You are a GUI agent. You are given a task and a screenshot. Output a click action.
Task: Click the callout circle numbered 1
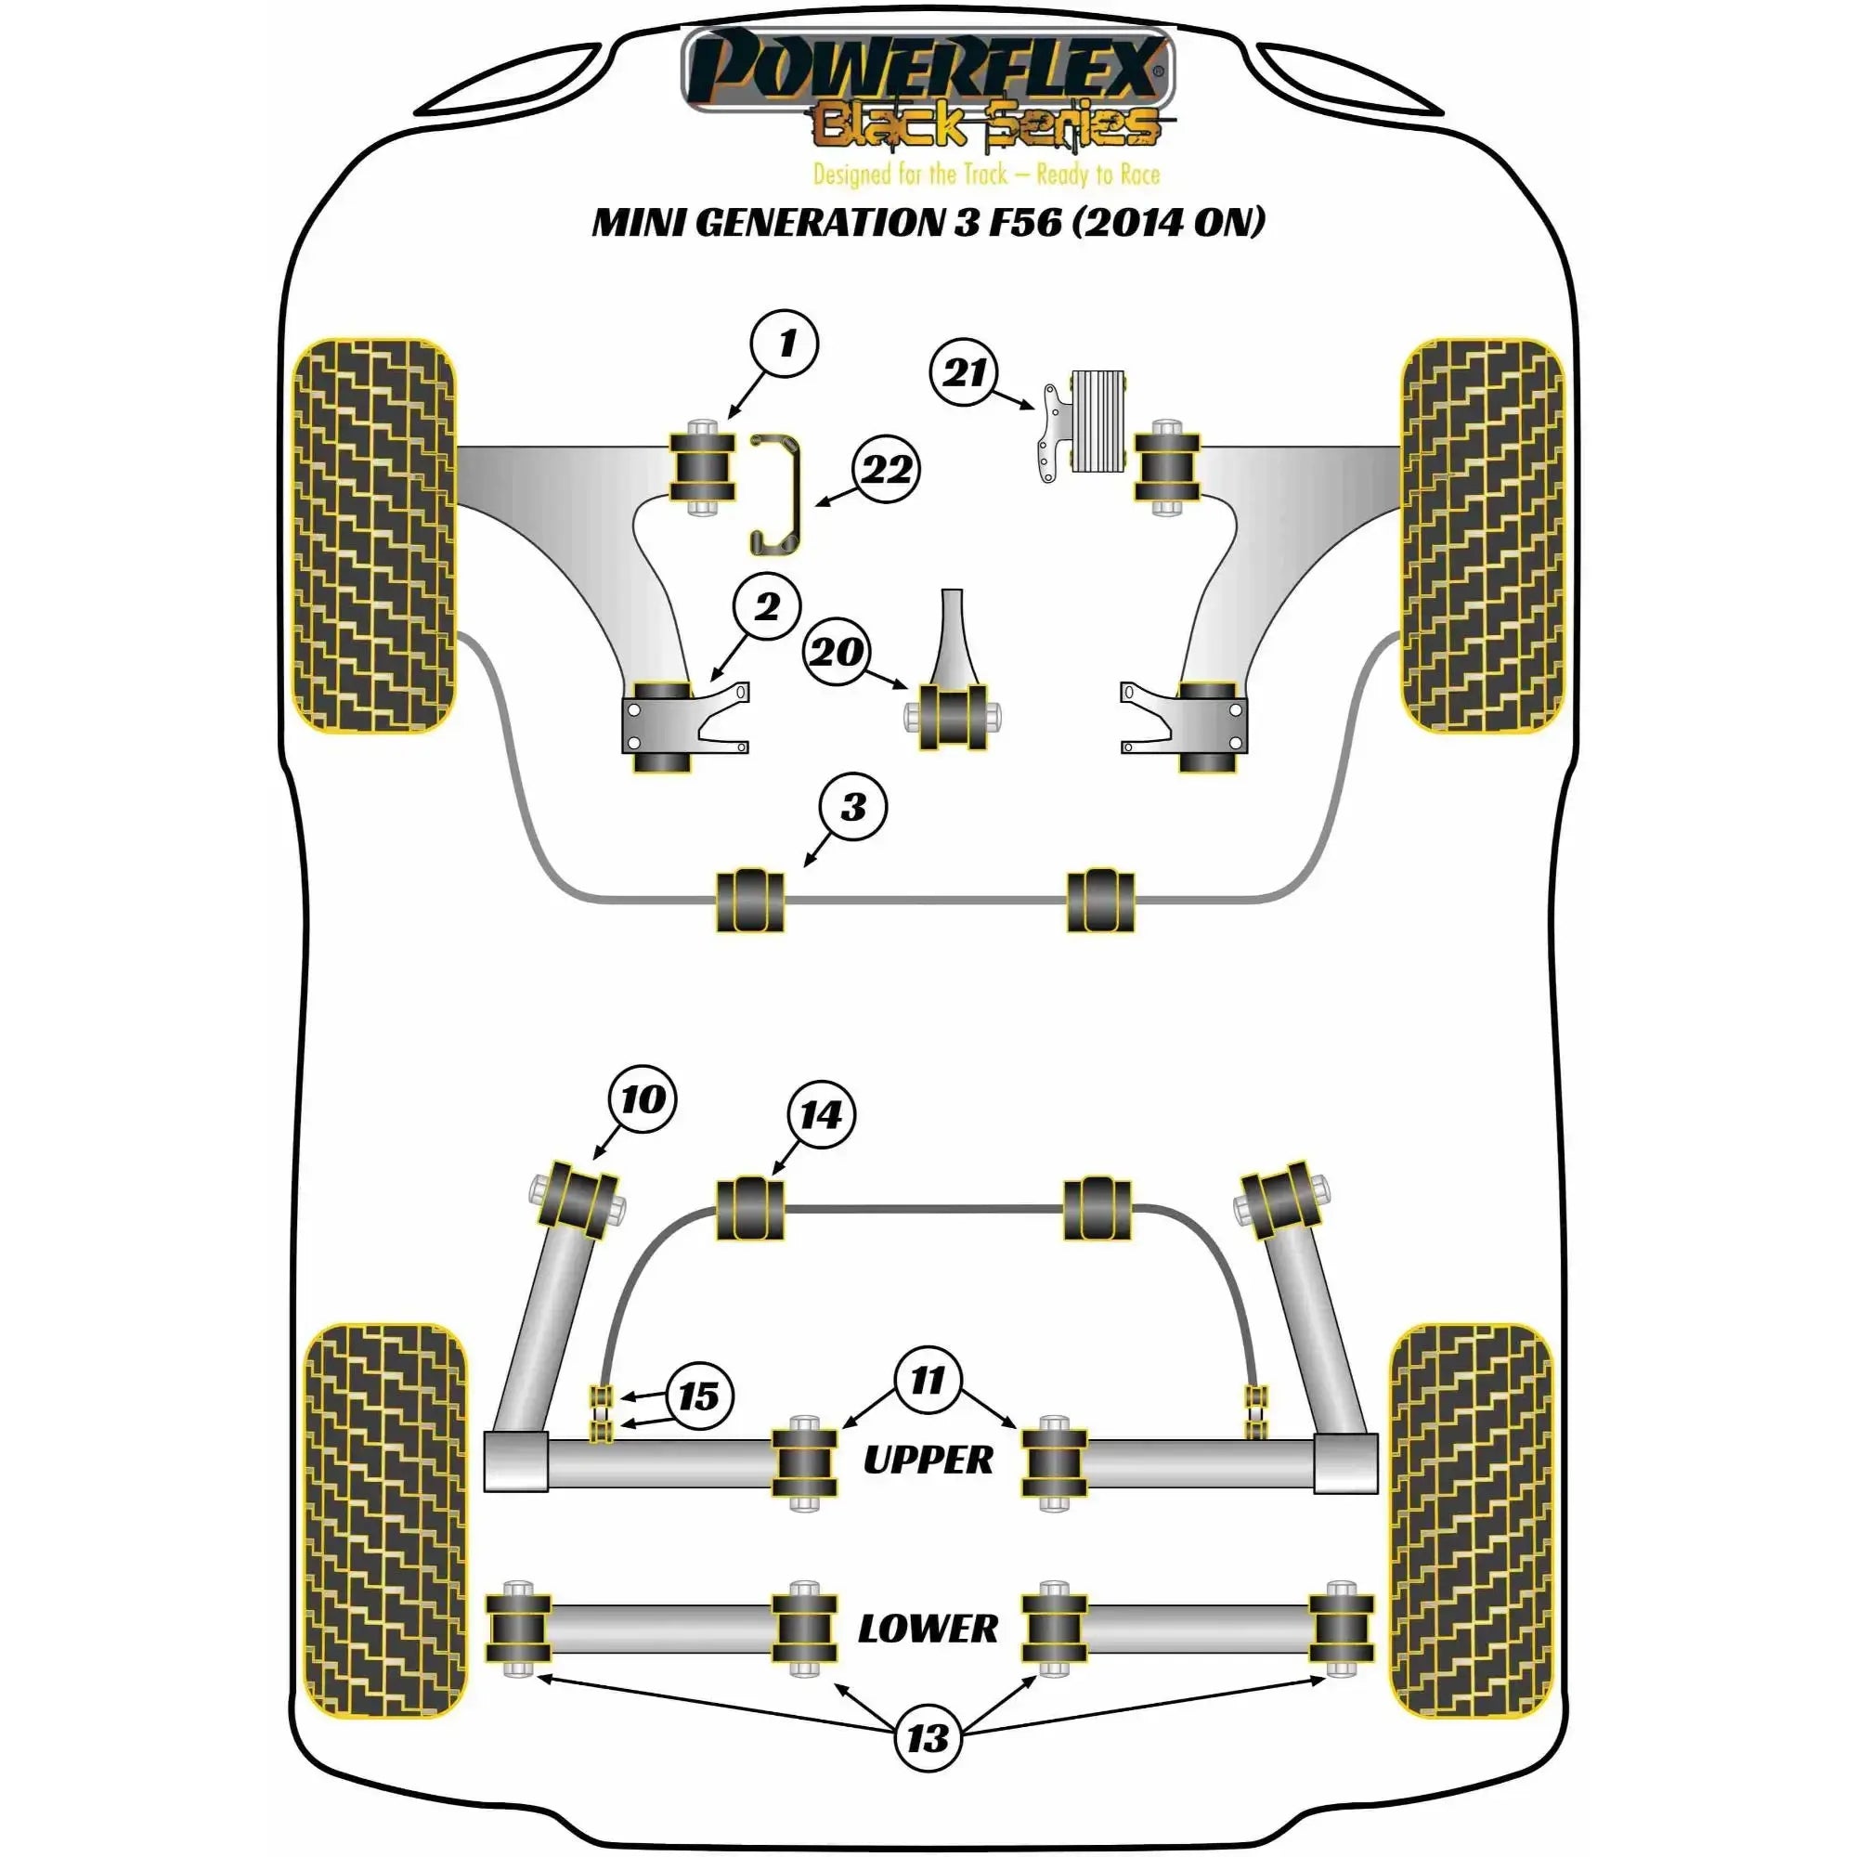click(x=786, y=344)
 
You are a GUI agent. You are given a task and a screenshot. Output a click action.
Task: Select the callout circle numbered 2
click(x=766, y=607)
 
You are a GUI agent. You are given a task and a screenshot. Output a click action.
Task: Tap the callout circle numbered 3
click(x=852, y=808)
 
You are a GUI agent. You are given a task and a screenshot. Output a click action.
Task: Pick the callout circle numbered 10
click(x=643, y=1099)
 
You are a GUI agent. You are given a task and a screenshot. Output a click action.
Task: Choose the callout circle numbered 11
click(x=928, y=1381)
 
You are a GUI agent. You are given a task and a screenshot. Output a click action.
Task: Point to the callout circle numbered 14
click(x=821, y=1115)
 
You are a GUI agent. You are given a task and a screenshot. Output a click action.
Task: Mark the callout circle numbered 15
click(x=699, y=1396)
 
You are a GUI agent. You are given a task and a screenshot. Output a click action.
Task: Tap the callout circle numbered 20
click(x=837, y=652)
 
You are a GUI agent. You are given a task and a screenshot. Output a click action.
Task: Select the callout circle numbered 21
click(x=964, y=373)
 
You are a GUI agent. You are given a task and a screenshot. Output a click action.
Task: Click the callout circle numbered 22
click(x=886, y=470)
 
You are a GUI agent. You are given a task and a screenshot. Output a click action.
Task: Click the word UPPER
click(x=928, y=1460)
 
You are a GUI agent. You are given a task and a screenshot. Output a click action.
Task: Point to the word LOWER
click(x=928, y=1629)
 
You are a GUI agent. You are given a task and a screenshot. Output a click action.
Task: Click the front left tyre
click(x=373, y=536)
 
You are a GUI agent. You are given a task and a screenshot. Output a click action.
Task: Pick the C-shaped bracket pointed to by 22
click(x=774, y=495)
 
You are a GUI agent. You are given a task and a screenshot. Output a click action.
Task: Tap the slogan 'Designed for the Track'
click(x=910, y=174)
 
